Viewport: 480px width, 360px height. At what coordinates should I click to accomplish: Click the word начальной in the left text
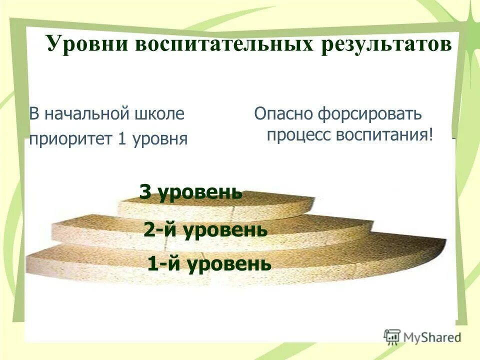(88, 114)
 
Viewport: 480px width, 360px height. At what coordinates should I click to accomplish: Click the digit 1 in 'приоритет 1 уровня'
(121, 138)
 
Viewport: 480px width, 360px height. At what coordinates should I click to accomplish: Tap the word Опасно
(282, 114)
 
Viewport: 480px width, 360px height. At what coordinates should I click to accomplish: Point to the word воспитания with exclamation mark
(385, 135)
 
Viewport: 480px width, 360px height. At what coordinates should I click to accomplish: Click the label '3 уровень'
(190, 192)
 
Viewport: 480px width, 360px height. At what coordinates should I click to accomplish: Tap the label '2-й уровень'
(205, 230)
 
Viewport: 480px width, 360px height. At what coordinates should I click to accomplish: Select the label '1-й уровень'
(209, 263)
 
